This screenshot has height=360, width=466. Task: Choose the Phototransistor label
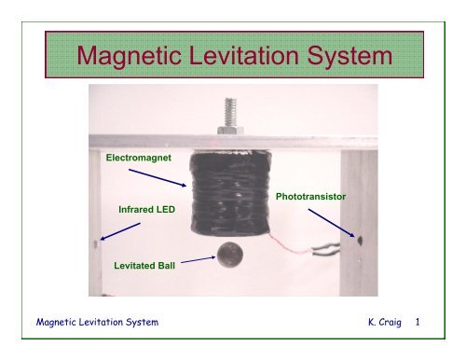315,199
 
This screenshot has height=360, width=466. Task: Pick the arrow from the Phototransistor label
332,224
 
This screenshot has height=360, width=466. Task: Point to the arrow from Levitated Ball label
197,263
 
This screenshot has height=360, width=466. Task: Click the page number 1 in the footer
418,323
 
